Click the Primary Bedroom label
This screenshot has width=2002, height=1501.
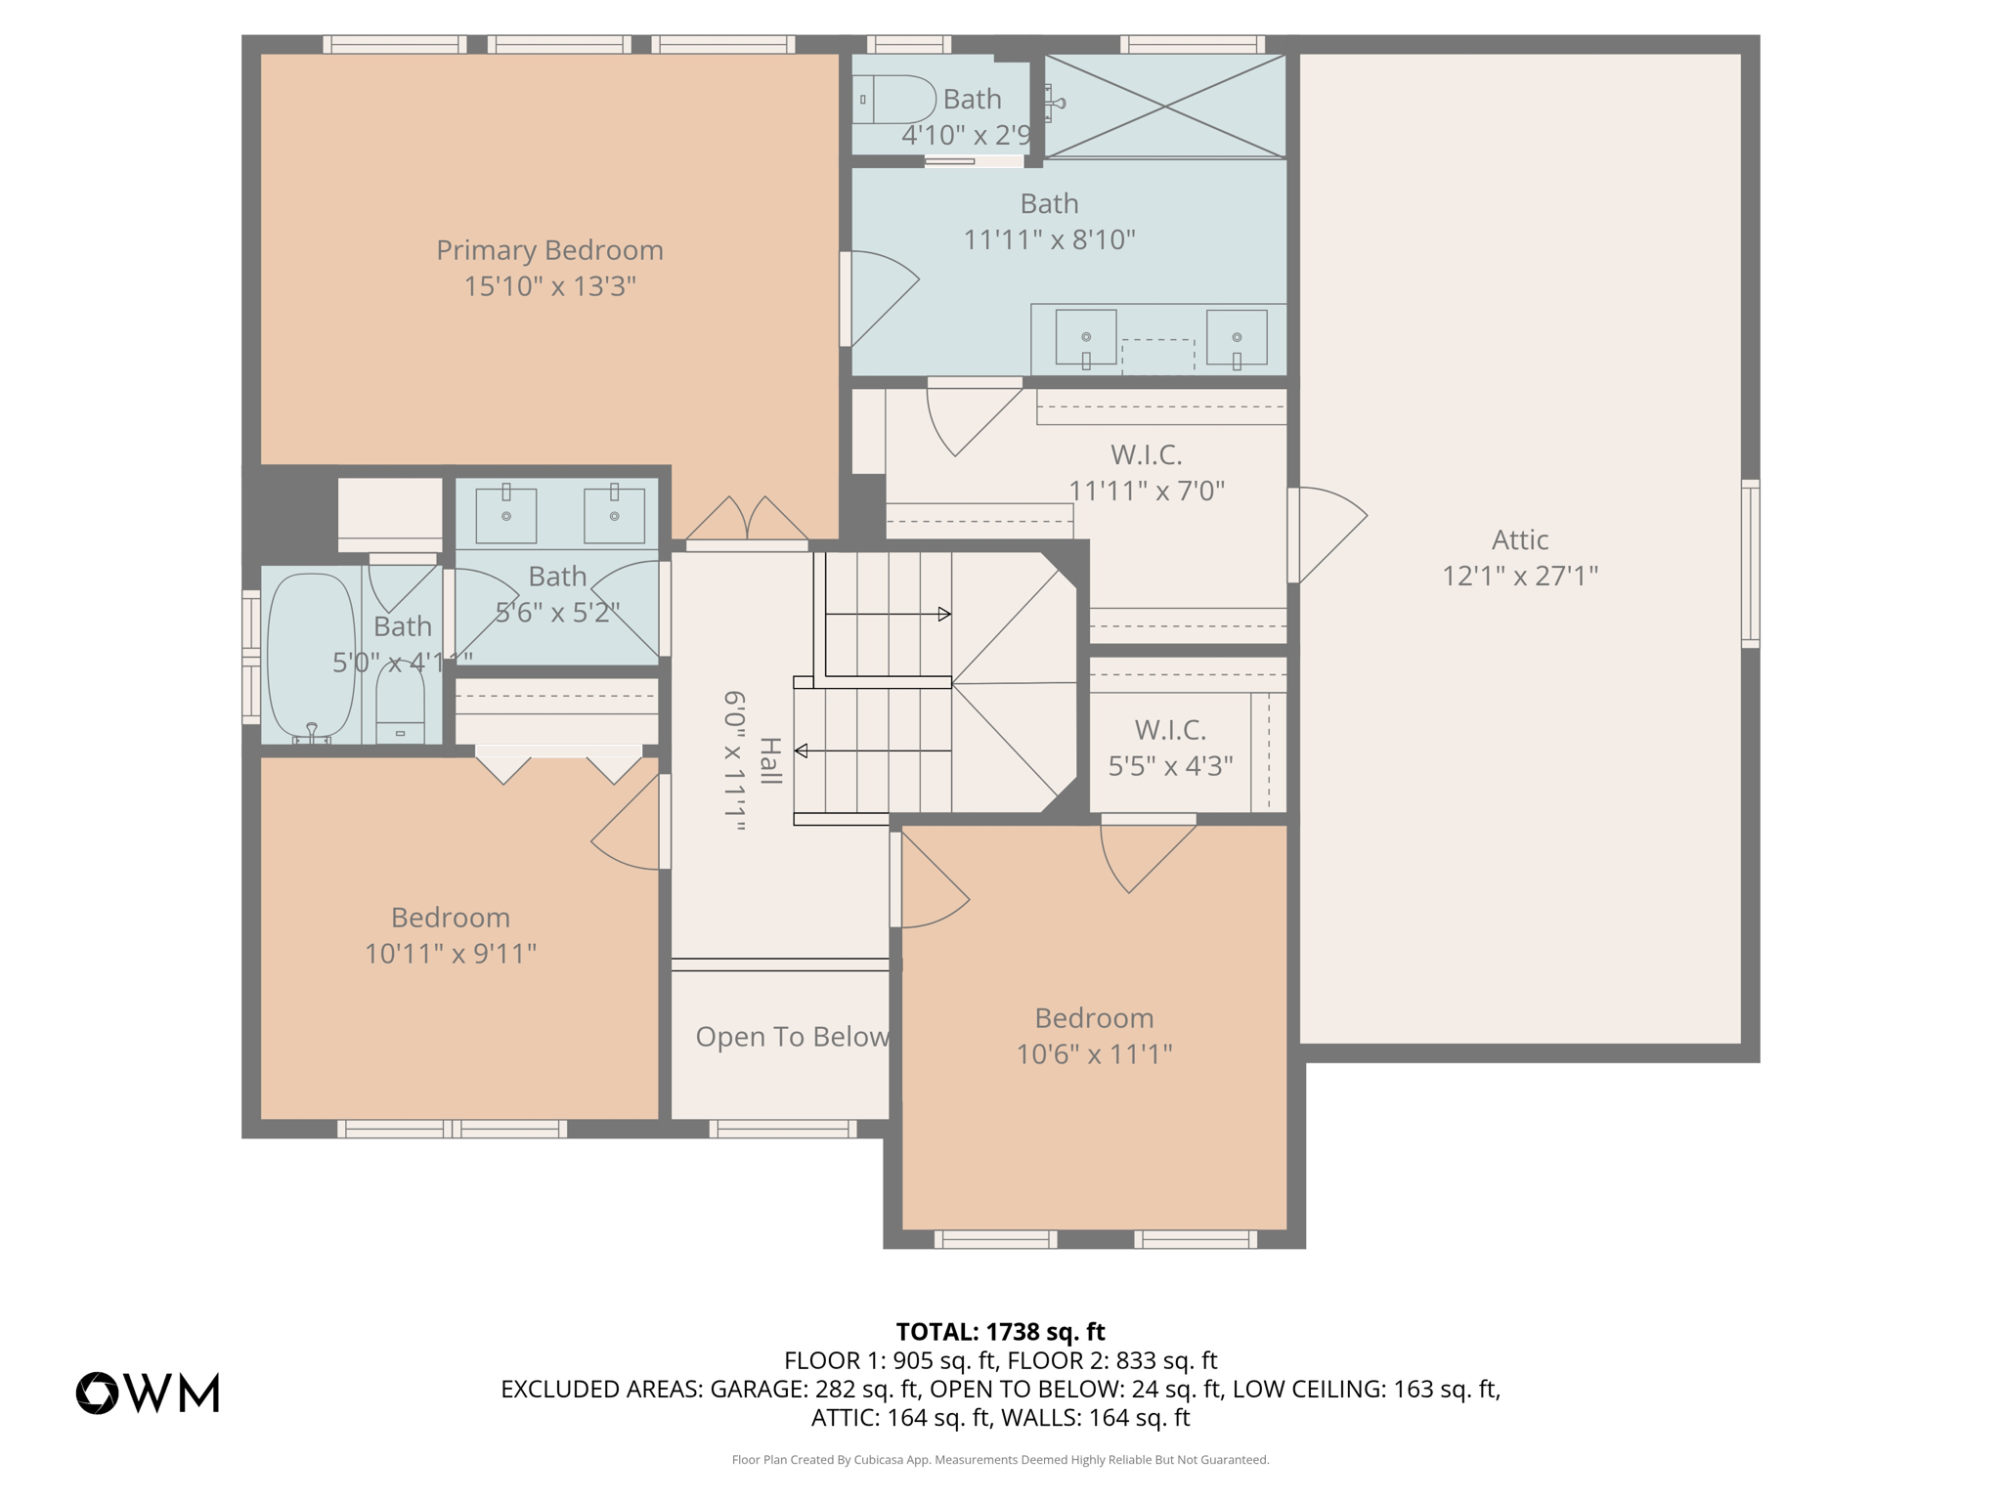[549, 251]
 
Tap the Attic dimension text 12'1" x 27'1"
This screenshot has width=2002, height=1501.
[1520, 576]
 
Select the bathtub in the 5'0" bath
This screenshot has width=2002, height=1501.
[311, 655]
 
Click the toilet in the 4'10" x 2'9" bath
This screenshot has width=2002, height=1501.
[892, 100]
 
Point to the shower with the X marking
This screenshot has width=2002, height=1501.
[1165, 106]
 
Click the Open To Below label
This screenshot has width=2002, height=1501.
[792, 1037]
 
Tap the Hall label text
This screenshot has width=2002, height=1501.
[770, 761]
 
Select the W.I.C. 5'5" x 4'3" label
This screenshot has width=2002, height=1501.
[1170, 748]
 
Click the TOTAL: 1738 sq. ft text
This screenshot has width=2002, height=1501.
[1000, 1332]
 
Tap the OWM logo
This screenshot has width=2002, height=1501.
[148, 1394]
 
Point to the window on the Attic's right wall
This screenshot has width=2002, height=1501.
[1750, 564]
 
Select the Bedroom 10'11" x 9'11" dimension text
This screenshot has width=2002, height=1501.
[451, 954]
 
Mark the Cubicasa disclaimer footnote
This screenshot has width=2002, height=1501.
[1000, 1460]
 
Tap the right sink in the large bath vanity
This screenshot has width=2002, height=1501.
[1237, 338]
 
